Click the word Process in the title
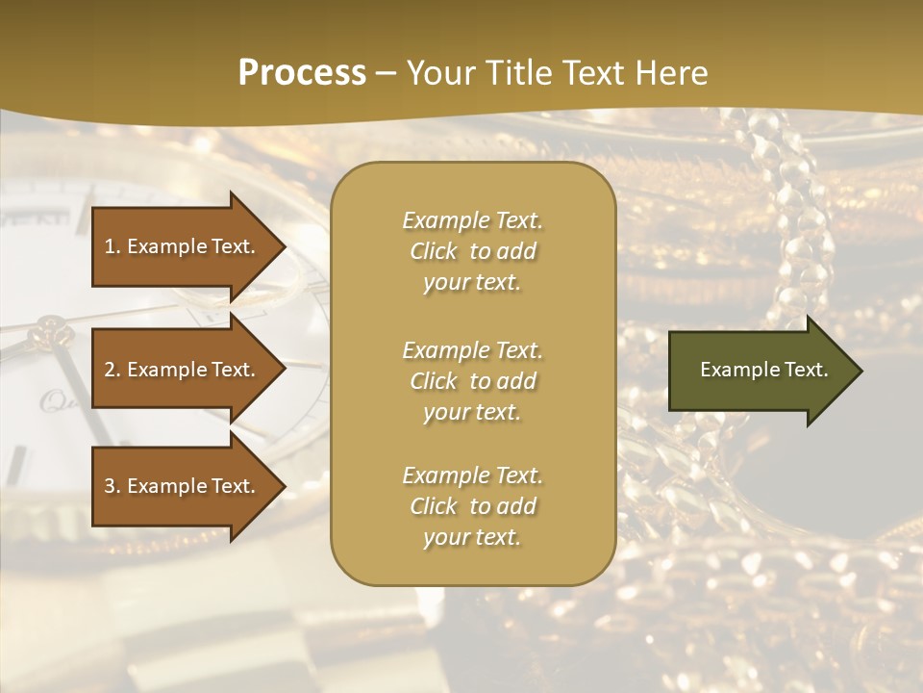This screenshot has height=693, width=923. tap(302, 73)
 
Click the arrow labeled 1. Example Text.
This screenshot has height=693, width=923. tap(181, 246)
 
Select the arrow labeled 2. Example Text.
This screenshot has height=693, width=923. tap(181, 370)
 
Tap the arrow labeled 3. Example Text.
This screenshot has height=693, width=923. tap(181, 486)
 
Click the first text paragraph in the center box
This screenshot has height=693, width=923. tap(472, 251)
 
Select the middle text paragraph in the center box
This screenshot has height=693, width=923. tap(472, 381)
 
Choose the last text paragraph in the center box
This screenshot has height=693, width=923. tap(472, 506)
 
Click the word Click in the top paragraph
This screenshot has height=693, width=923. tap(434, 251)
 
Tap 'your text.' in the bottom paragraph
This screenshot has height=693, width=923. tap(472, 538)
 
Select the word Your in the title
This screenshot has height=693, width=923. tap(438, 73)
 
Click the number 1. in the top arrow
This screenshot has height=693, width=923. tap(112, 246)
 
